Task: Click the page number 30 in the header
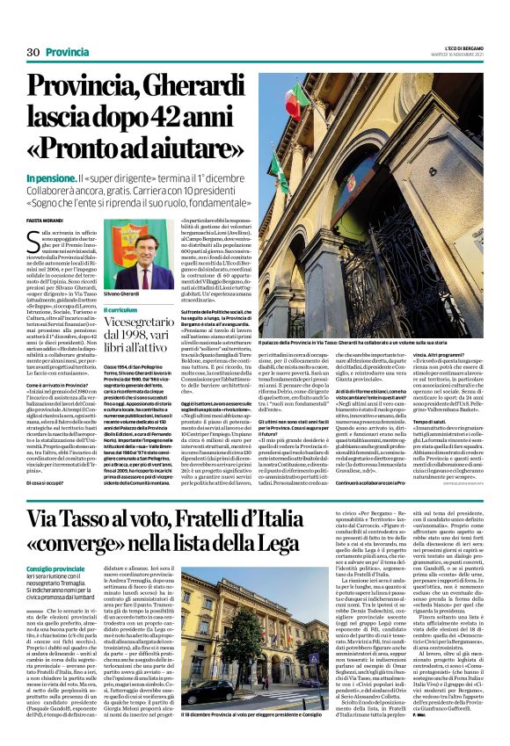[x=33, y=53]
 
